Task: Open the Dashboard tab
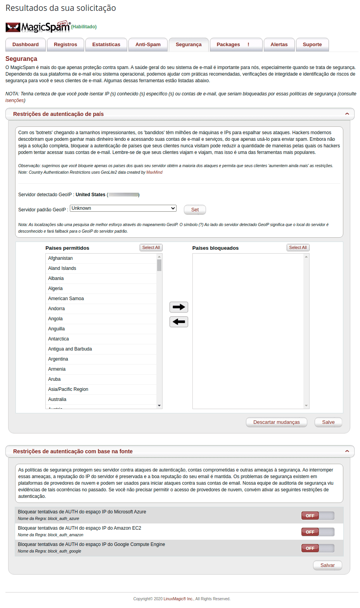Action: click(x=26, y=45)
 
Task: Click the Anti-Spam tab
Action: click(x=148, y=45)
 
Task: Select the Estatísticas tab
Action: click(x=106, y=45)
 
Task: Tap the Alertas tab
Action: click(x=279, y=45)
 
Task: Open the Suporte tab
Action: click(x=312, y=45)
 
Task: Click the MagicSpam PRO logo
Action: click(x=38, y=27)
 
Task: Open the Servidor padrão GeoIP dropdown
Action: click(x=123, y=208)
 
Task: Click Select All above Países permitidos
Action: click(x=151, y=247)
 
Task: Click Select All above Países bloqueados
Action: click(x=298, y=247)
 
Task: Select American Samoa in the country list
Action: click(x=66, y=299)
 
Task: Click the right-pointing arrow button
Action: click(x=179, y=307)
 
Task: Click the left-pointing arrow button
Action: click(x=179, y=322)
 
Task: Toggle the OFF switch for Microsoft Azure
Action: click(x=317, y=516)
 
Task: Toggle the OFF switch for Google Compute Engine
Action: click(x=317, y=548)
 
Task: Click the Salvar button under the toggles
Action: click(x=327, y=565)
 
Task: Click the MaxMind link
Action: click(x=154, y=172)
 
